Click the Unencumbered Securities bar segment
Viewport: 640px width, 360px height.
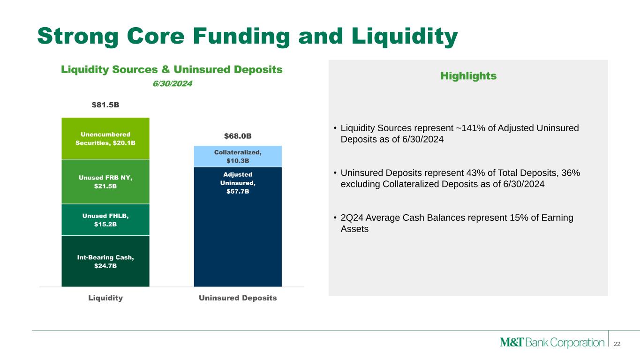click(x=105, y=138)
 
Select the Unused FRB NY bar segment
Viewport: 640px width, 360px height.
click(x=105, y=181)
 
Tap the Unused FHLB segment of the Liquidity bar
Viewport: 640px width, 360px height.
click(x=105, y=220)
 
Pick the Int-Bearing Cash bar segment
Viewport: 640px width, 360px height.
click(x=105, y=261)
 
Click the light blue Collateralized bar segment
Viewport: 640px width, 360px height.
click(x=238, y=156)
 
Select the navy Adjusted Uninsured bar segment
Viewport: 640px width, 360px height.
click(x=238, y=227)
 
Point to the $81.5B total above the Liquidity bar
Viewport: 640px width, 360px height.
click(x=105, y=105)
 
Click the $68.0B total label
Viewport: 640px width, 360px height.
click(x=238, y=136)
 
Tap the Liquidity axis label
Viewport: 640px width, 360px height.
click(x=105, y=298)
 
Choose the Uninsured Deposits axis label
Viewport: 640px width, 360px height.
click(x=238, y=298)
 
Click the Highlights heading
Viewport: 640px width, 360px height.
click(x=468, y=76)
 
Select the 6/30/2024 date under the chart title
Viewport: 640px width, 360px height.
click(x=172, y=83)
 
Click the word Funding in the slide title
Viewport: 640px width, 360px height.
click(x=241, y=36)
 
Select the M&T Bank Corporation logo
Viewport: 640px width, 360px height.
click(x=552, y=342)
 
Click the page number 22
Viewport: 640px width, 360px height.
click(x=617, y=344)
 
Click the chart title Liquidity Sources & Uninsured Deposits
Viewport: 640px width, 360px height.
click(x=172, y=70)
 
